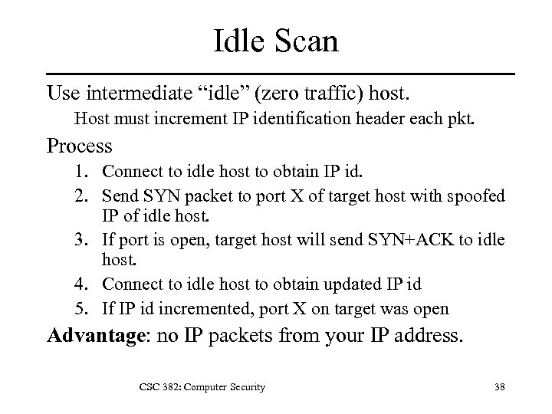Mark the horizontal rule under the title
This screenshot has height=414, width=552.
[280, 74]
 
